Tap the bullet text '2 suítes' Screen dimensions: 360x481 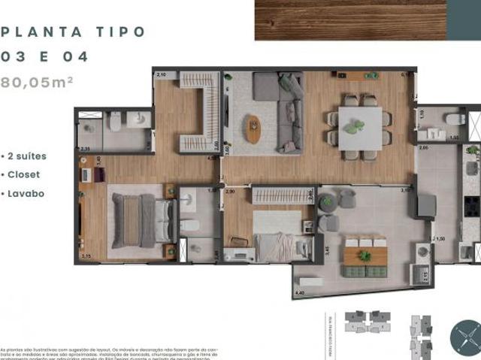pos(28,156)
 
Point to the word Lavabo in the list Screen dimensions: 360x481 pos(26,192)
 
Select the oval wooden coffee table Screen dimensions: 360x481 pos(254,129)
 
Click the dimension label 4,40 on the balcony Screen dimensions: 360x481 pos(300,292)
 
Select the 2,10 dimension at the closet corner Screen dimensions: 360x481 pos(161,76)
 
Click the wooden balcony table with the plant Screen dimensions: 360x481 pos(365,256)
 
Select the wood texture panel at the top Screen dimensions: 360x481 pos(351,20)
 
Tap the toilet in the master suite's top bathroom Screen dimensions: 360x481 pos(113,121)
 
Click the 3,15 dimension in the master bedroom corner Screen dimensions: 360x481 pos(86,257)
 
